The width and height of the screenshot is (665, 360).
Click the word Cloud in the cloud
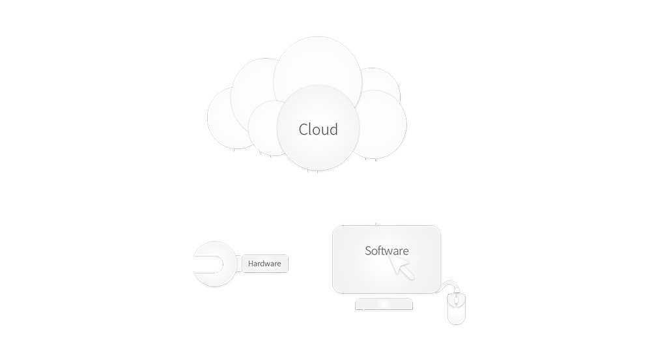[x=318, y=129]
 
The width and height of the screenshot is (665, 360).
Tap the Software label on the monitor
[x=386, y=251]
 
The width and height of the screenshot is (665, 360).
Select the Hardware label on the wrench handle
[x=264, y=264]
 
